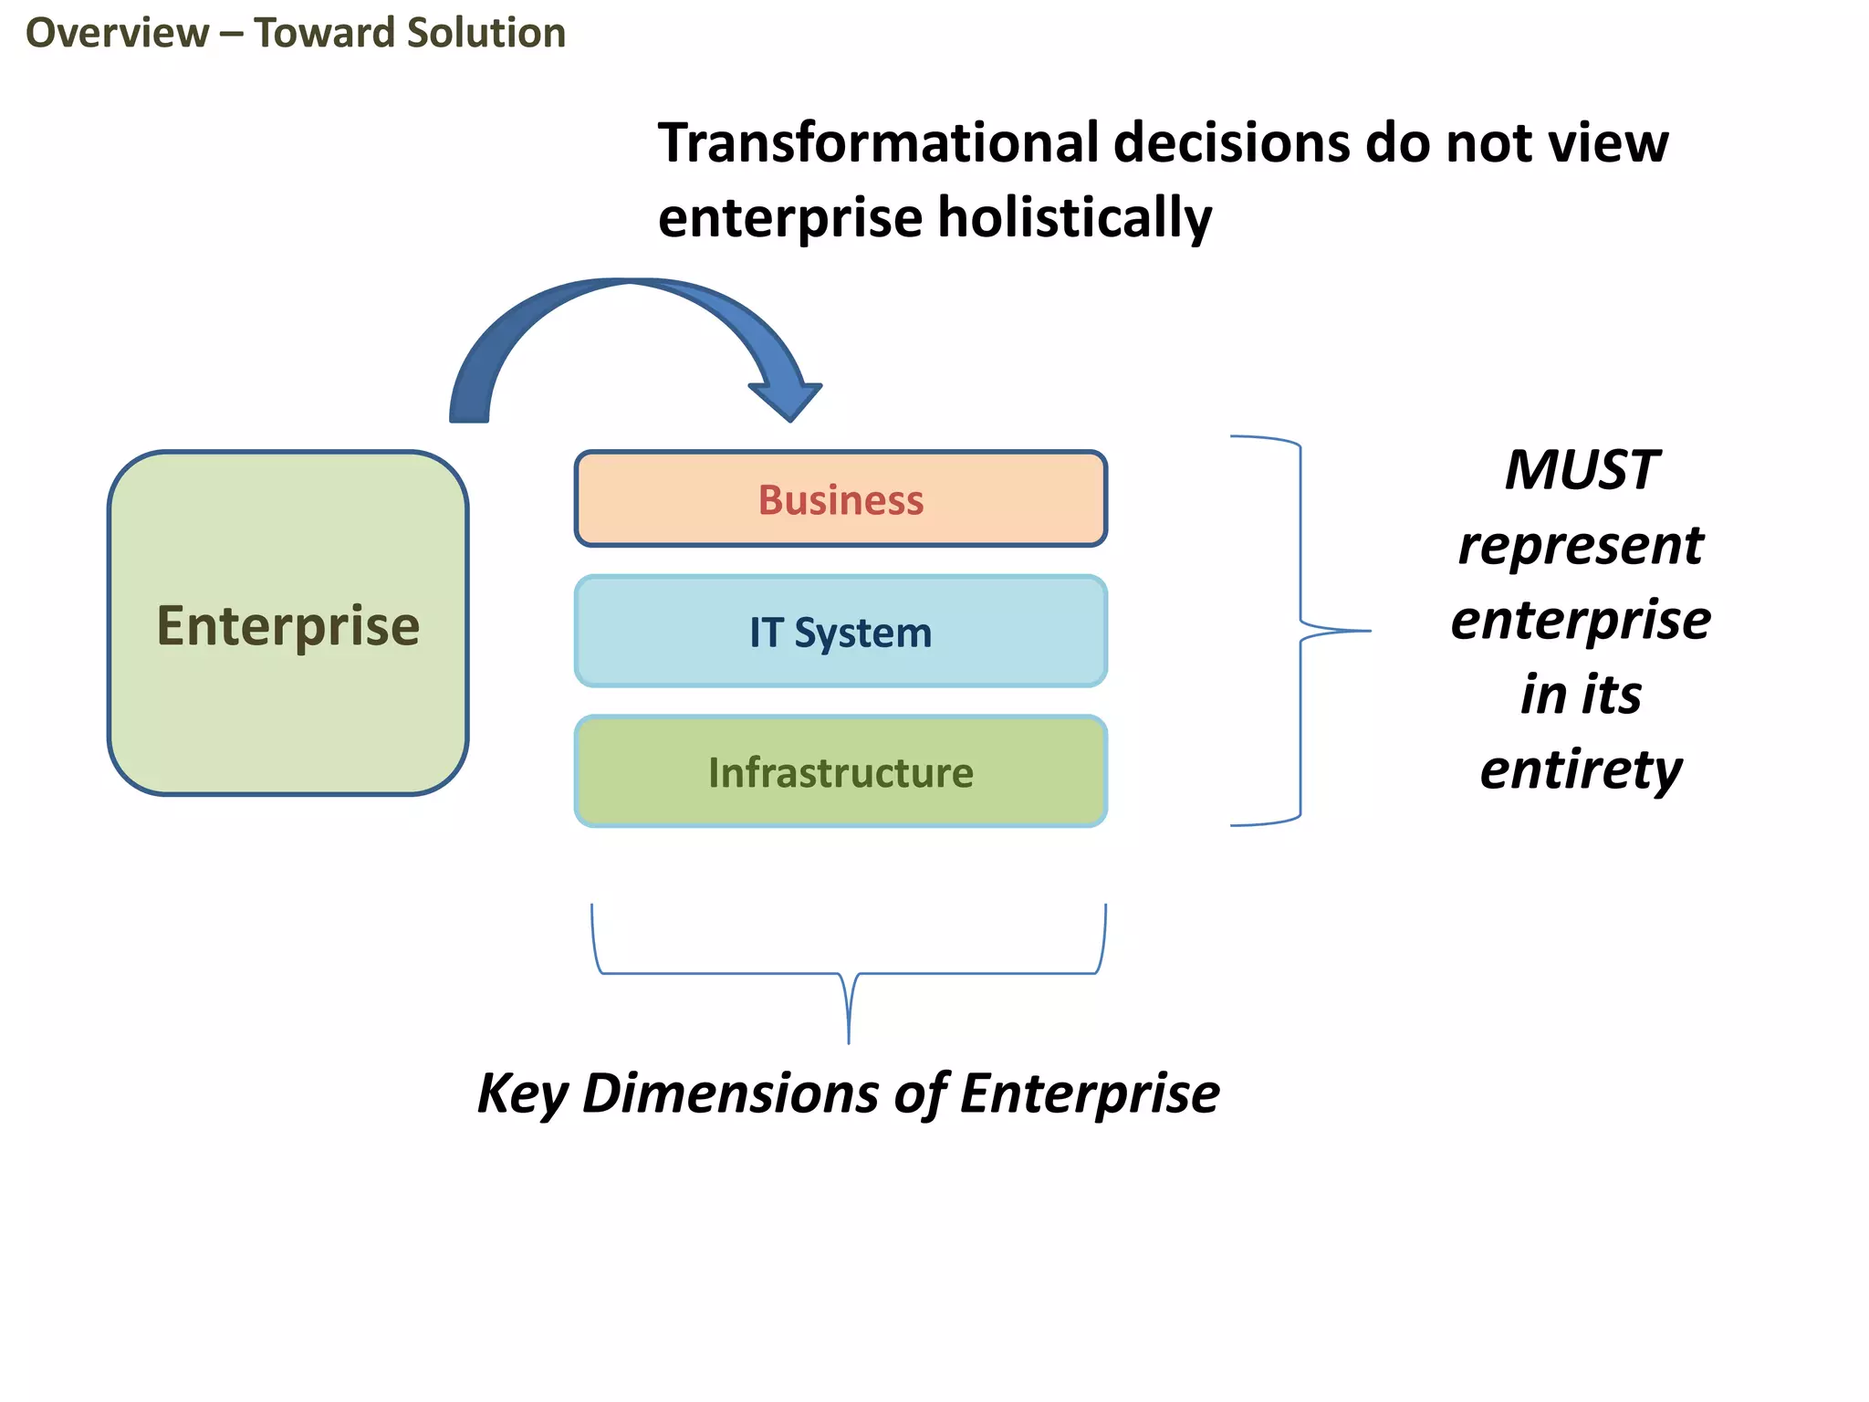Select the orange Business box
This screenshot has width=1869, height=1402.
click(x=841, y=499)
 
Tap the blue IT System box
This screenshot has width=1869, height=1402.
click(x=841, y=632)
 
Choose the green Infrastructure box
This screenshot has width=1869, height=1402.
click(x=841, y=772)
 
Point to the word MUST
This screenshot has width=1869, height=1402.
click(x=1581, y=471)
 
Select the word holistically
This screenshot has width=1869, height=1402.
click(x=1074, y=218)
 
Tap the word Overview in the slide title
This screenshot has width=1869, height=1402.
click(x=117, y=34)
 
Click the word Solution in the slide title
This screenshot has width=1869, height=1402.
click(x=486, y=34)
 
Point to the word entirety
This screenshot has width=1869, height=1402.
click(x=1581, y=770)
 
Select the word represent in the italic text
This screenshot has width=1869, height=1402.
click(x=1581, y=546)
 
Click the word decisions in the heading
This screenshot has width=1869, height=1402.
click(x=1232, y=143)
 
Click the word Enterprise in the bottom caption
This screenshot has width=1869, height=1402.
click(x=1090, y=1093)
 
